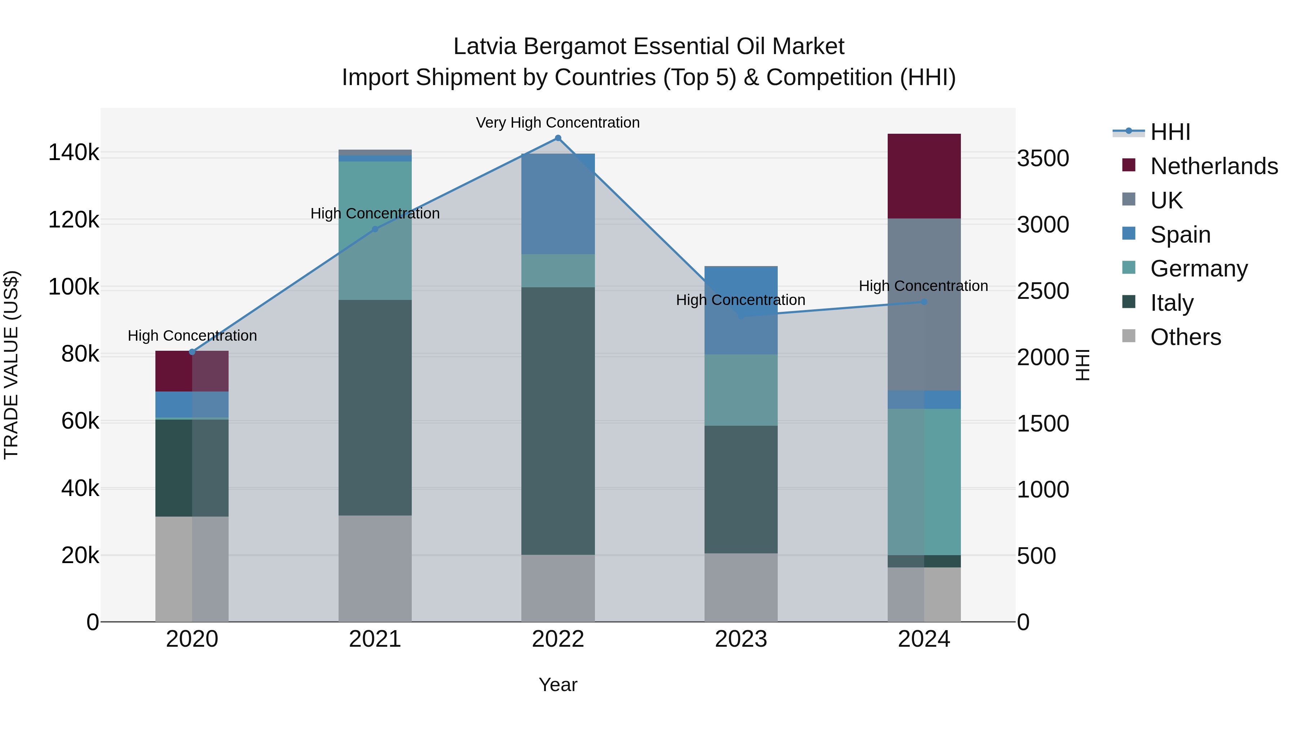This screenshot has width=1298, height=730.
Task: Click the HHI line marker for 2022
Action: click(558, 138)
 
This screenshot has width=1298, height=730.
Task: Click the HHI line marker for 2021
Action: click(375, 229)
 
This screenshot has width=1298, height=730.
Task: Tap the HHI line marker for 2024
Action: click(924, 302)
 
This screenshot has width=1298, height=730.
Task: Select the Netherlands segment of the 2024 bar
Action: click(924, 176)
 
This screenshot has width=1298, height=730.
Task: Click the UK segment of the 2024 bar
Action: click(924, 304)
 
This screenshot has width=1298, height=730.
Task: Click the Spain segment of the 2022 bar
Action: click(558, 204)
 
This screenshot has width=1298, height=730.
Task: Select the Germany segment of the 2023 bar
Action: click(741, 390)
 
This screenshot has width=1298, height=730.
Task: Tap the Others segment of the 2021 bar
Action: click(375, 568)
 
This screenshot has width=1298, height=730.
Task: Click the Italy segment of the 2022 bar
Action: click(558, 421)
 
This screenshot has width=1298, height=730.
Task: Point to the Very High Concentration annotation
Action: click(558, 123)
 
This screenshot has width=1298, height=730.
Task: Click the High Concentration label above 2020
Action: click(192, 336)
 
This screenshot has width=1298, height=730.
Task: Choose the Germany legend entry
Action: click(1199, 269)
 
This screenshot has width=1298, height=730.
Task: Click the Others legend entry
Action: click(1185, 337)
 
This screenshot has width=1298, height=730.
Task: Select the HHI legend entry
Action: click(1170, 132)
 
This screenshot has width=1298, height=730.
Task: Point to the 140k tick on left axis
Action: click(74, 152)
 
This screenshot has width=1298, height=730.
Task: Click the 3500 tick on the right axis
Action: click(1042, 158)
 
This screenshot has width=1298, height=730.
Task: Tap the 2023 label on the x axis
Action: click(741, 639)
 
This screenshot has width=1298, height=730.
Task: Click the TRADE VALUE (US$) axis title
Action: click(11, 365)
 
